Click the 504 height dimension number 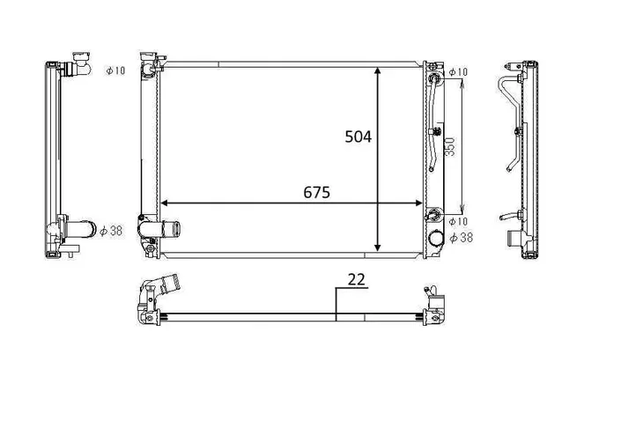(x=358, y=137)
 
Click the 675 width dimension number (x=316, y=192)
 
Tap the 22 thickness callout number (x=356, y=279)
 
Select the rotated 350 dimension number (x=450, y=147)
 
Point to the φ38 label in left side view (x=111, y=231)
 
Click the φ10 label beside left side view (x=115, y=70)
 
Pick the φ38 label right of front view (x=461, y=237)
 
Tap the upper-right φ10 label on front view (x=458, y=71)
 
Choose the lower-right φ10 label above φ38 (x=458, y=222)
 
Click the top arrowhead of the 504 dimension (x=378, y=71)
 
